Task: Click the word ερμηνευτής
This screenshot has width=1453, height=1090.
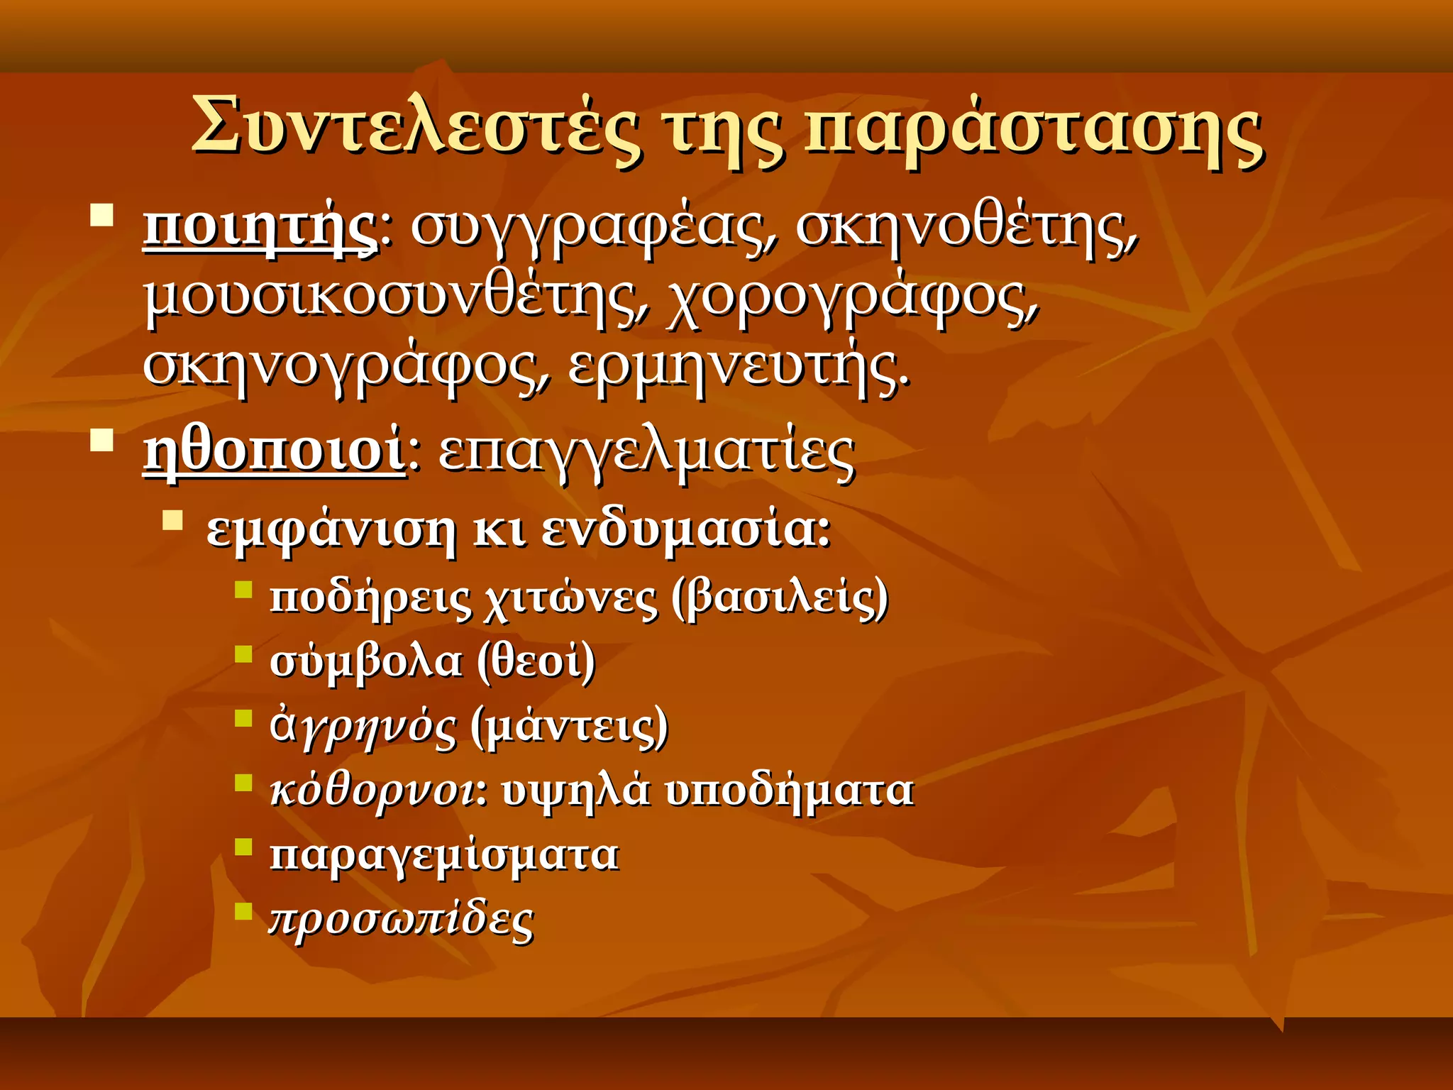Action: [738, 368]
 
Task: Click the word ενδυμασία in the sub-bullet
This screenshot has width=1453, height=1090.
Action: [685, 529]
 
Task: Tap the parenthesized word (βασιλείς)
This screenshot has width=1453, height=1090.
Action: [780, 598]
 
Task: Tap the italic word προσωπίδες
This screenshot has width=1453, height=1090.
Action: [402, 920]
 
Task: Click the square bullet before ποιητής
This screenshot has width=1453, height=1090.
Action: [102, 215]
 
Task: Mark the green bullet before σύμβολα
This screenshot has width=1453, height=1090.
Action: [243, 653]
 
